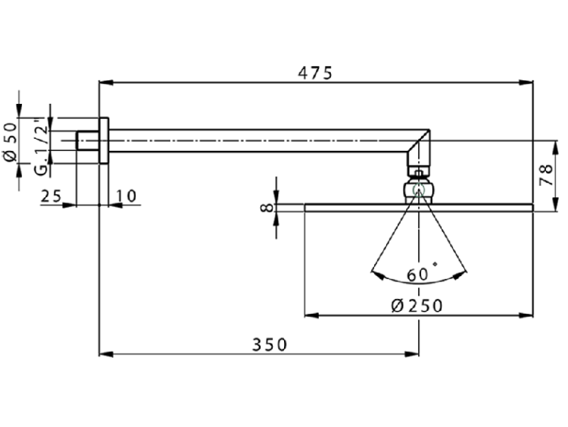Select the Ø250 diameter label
coord(417,305)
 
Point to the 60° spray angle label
coord(421,274)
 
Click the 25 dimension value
coord(51,196)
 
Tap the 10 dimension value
coord(126,196)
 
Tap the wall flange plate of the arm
coord(105,140)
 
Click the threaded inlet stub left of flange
coord(88,140)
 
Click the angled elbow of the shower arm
coord(420,149)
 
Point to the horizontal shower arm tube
coord(257,141)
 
